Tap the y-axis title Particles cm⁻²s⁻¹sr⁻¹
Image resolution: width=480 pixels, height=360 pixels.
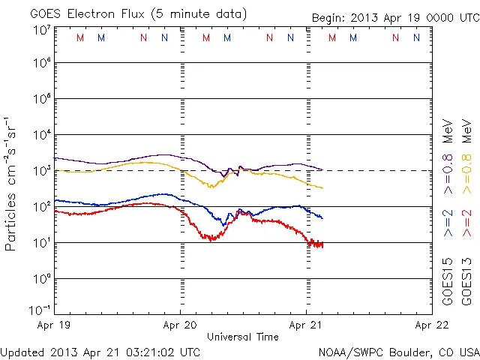[11, 183]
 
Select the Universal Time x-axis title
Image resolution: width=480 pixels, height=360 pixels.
[242, 337]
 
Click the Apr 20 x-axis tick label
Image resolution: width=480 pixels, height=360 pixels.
[181, 325]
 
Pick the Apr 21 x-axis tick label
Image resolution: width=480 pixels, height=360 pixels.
[306, 325]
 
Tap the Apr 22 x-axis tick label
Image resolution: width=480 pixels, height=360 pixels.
[430, 325]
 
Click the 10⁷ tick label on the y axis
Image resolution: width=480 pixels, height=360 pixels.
[40, 30]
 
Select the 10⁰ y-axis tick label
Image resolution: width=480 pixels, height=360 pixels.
[40, 279]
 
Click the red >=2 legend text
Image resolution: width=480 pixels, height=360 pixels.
[466, 223]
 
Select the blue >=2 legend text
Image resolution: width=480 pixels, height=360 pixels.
[448, 223]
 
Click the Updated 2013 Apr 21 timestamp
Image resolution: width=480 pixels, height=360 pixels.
[100, 352]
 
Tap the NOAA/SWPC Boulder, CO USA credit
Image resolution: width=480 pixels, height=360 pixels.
[397, 352]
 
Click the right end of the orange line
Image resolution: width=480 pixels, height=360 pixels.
[322, 187]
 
